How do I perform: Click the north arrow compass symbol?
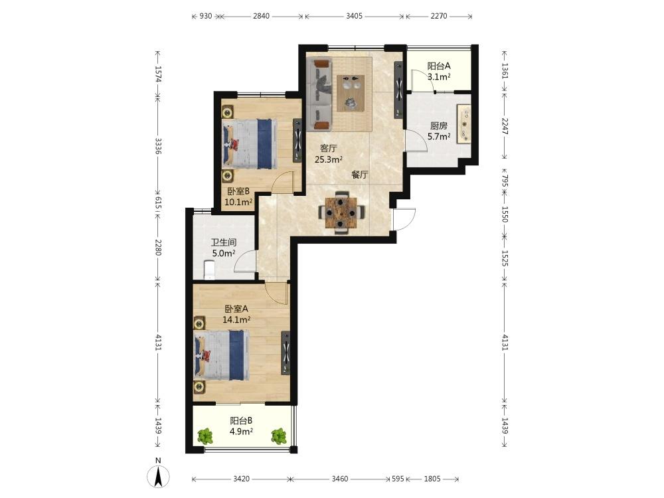point(158,476)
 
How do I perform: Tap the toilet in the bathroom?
point(209,270)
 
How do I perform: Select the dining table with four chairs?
point(341,212)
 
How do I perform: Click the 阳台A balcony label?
point(438,66)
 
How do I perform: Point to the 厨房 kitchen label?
point(438,125)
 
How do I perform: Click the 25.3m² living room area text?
point(328,159)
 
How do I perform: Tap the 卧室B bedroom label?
point(238,191)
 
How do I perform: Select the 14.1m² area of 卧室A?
point(236,320)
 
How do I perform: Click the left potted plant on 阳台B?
point(205,436)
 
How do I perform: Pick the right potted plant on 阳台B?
point(279,436)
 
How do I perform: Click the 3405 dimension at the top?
point(354,16)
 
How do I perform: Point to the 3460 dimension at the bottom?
point(339,479)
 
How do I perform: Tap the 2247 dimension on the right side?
point(505,125)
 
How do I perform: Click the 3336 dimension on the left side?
point(158,145)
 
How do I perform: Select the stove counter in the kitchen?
point(463,124)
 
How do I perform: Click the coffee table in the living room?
point(351,93)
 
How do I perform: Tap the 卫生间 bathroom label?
point(224,242)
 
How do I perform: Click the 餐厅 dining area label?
point(359,175)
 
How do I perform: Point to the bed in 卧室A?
point(222,355)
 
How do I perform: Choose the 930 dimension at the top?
point(205,16)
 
